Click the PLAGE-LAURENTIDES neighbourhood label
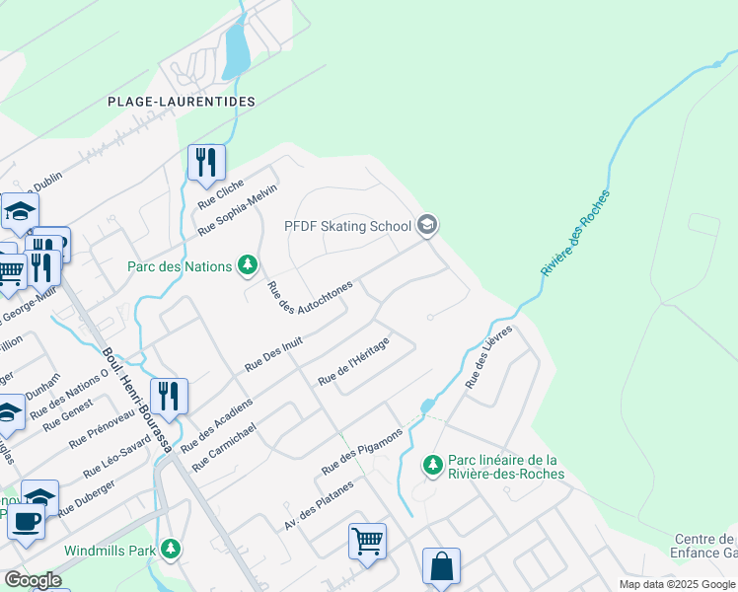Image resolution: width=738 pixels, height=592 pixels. coord(182,102)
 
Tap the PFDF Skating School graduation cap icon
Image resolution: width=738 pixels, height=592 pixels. coord(427,226)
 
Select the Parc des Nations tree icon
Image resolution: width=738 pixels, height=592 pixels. coord(248,265)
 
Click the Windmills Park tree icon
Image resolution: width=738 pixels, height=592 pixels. coord(172,549)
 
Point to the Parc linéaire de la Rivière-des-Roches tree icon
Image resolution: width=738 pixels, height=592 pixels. coord(431,464)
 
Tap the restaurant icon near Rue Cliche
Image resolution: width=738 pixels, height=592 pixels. coord(206,161)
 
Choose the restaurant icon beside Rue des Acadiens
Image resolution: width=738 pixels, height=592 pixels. coord(169,396)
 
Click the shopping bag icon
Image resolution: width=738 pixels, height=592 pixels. coord(441,566)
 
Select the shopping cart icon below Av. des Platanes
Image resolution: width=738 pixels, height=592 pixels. coord(367,541)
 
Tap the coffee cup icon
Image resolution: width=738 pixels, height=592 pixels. coord(26,520)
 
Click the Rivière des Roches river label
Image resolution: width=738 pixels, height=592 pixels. coord(575,233)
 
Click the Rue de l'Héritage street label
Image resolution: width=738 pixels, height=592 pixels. coord(353,361)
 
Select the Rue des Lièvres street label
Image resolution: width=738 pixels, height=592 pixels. coord(490,357)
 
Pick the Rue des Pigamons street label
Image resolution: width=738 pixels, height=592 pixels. coord(362,449)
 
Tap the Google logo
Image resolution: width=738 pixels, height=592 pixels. coord(33,580)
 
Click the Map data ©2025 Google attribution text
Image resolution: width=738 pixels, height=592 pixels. coord(677,584)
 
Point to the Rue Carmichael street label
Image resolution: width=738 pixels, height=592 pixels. coord(226,447)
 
